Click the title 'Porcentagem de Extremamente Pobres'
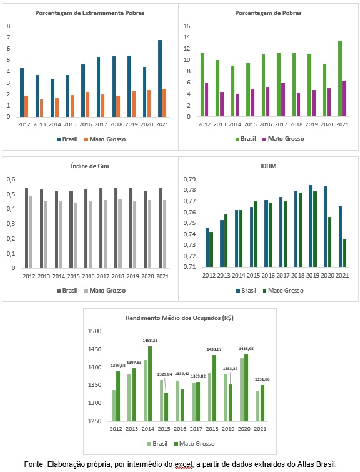pos(90,13)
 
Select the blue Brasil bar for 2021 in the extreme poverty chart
pos(160,78)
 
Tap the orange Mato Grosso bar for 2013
pos(41,108)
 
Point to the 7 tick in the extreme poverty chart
pos(8,38)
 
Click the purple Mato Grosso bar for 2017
pos(283,99)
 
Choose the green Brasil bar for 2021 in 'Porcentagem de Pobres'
pos(340,78)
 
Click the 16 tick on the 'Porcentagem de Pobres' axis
pos(187,26)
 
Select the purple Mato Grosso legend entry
pos(283,139)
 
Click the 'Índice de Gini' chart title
pos(90,166)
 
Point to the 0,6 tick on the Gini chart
pos(11,179)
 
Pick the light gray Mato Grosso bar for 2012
pos(31,232)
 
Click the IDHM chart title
pos(268,166)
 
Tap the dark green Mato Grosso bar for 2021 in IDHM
pos(344,253)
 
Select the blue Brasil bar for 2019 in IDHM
pos(311,226)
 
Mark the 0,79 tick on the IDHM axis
pos(189,179)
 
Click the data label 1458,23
pos(150,341)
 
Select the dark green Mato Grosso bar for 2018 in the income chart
pos(214,388)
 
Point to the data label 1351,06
pos(262,379)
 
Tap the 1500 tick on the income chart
pos(94,331)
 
